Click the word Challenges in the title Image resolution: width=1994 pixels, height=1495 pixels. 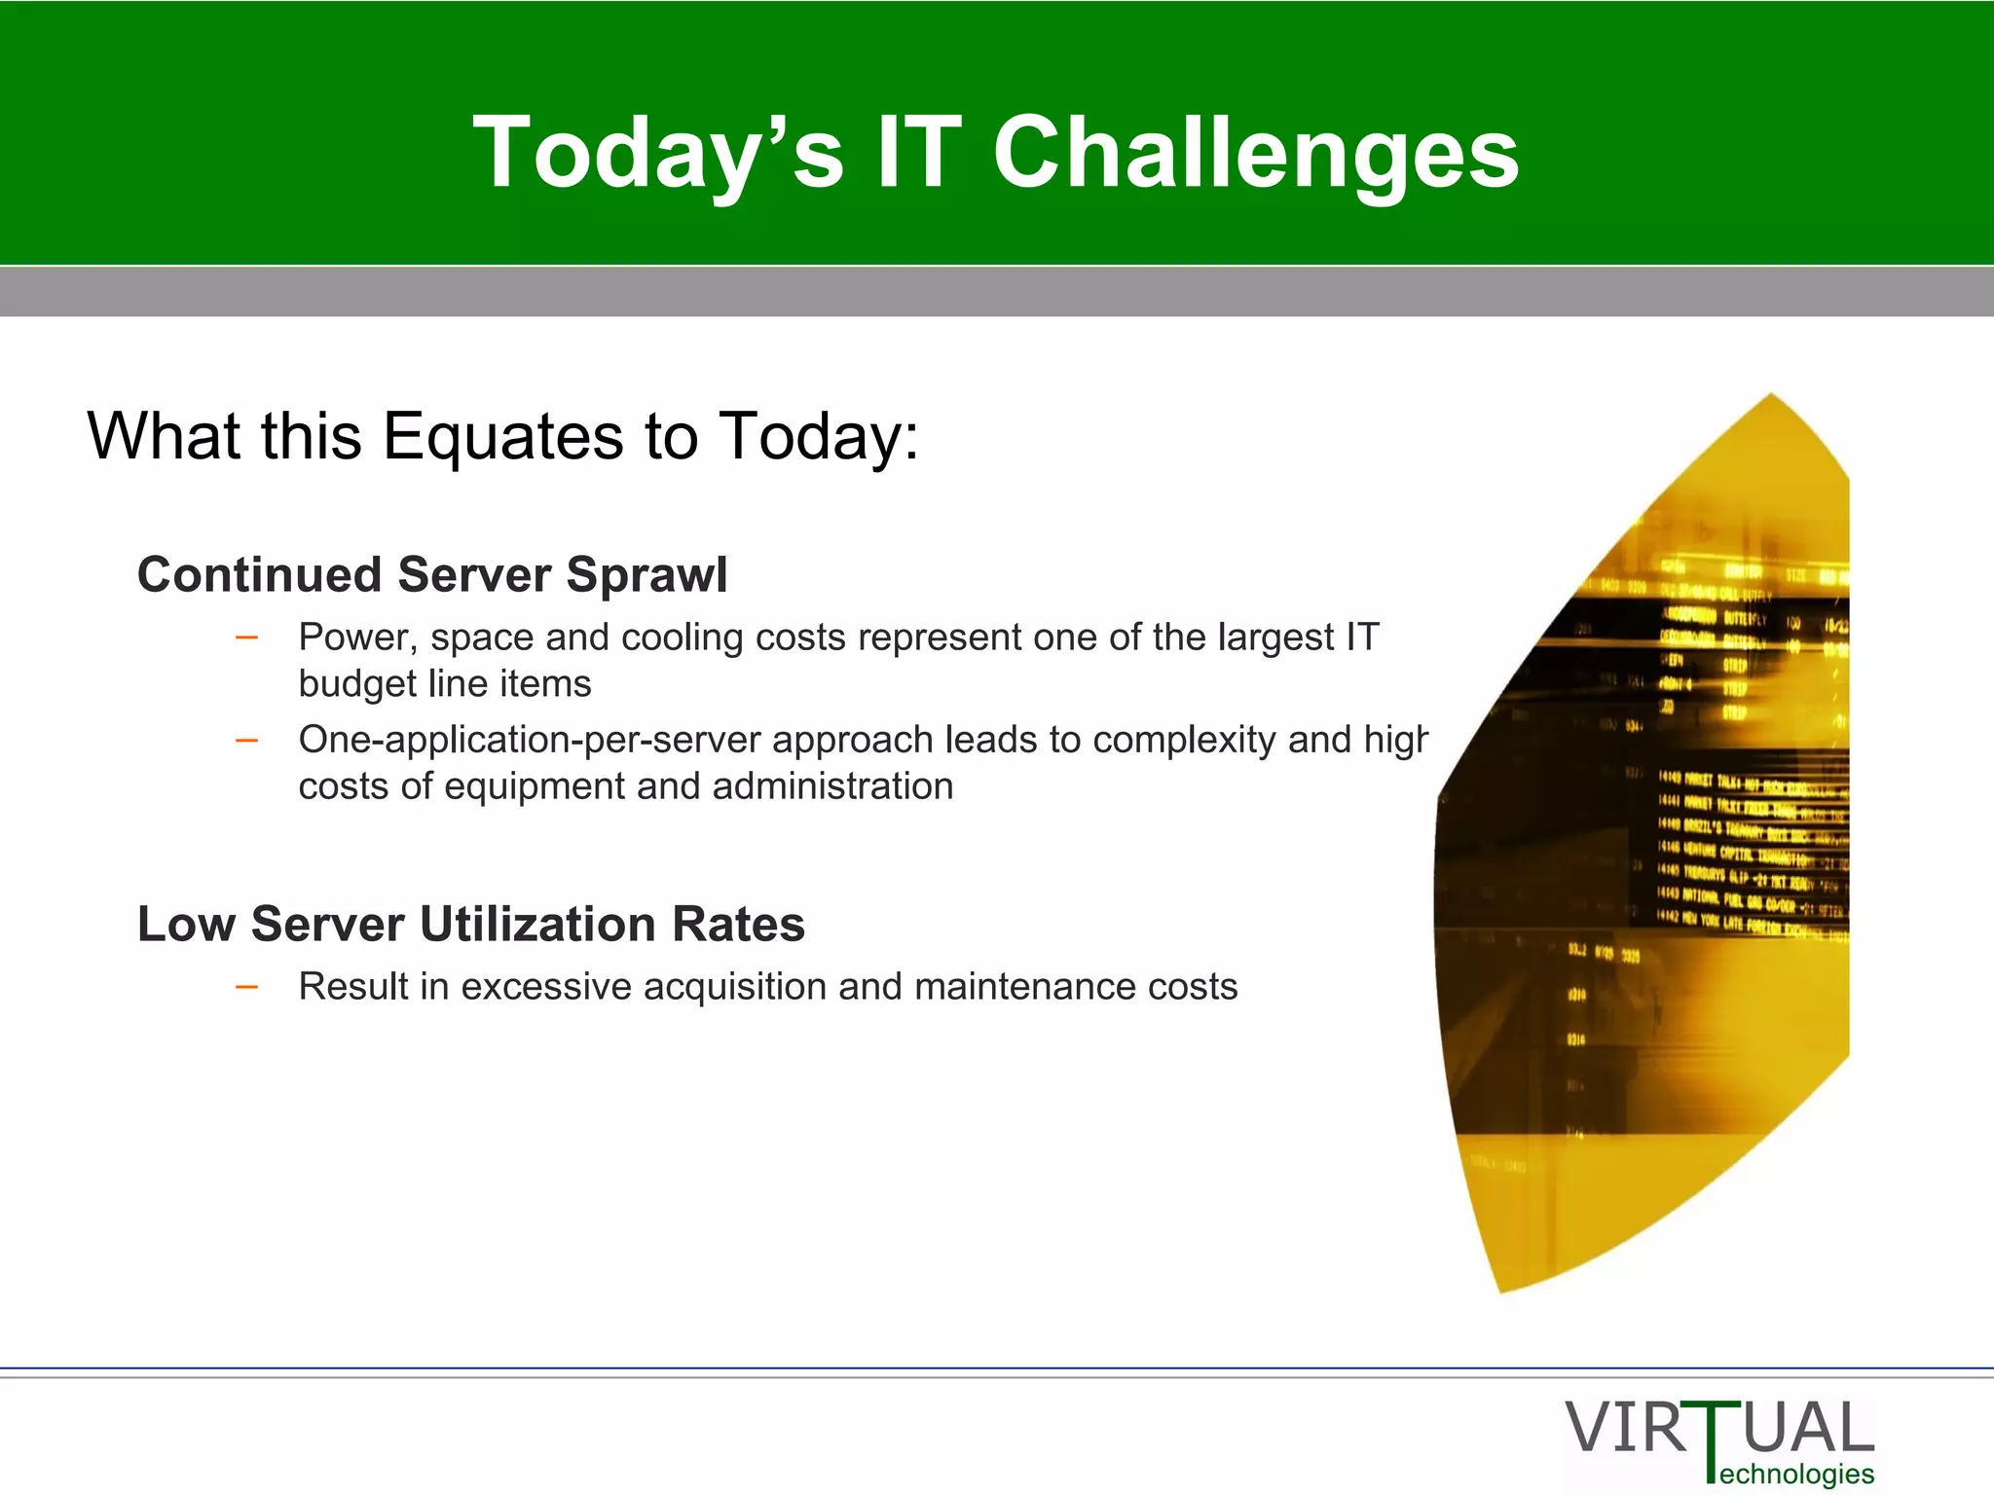click(x=1255, y=153)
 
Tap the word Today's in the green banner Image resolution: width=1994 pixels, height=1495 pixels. click(x=658, y=153)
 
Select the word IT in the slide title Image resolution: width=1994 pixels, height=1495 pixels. click(x=918, y=153)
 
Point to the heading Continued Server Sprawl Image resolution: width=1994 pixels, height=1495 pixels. click(x=432, y=574)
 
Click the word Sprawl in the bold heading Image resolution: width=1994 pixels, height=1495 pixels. click(x=646, y=574)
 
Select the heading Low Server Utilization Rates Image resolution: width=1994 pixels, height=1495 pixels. click(x=471, y=924)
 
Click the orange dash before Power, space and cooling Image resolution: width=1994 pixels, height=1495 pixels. click(x=247, y=638)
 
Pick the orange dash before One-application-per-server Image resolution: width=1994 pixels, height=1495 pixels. click(x=247, y=741)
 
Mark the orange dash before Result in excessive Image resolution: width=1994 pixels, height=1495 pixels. click(x=247, y=988)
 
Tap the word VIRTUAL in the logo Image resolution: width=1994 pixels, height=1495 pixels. click(x=1719, y=1429)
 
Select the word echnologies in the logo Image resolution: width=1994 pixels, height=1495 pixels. click(x=1797, y=1474)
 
